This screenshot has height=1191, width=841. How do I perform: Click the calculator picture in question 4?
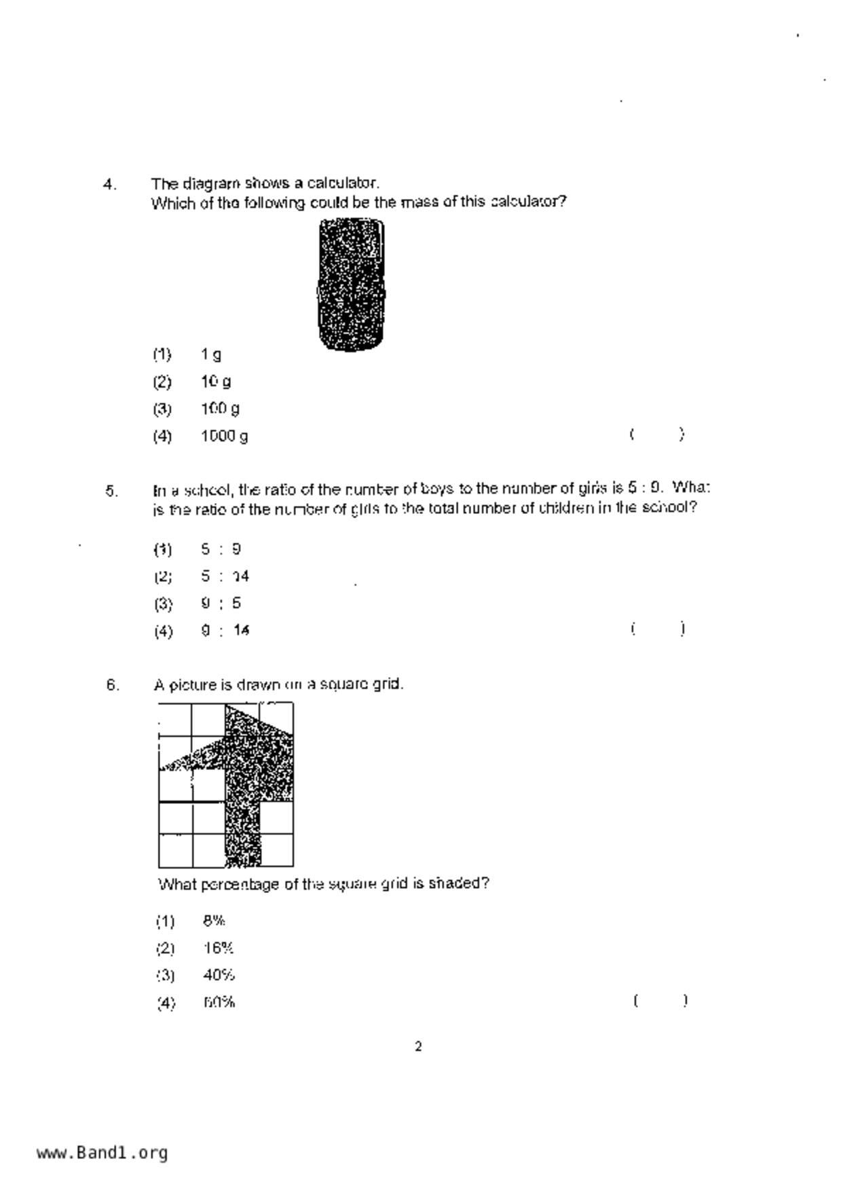tap(351, 285)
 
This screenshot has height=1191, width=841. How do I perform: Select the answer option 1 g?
tap(211, 354)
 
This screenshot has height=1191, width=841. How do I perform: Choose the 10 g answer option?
tap(216, 382)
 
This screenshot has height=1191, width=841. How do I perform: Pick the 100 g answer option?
tap(220, 409)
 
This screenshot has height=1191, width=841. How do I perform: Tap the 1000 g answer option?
tap(224, 436)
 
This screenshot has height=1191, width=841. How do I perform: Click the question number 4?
tap(110, 184)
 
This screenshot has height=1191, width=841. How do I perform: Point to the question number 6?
tap(113, 685)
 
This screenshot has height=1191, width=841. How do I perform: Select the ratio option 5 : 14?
tap(225, 576)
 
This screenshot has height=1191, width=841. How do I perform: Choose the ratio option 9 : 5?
tap(221, 604)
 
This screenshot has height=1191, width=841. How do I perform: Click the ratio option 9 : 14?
tap(225, 631)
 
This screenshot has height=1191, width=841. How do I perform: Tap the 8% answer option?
tap(214, 921)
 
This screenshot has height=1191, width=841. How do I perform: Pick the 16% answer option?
tap(218, 948)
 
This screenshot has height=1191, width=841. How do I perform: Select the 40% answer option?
tap(219, 975)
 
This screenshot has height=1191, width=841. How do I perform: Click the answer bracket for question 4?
tap(656, 435)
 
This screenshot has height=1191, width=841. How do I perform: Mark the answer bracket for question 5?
tap(657, 629)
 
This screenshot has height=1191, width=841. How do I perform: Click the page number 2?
tap(418, 1046)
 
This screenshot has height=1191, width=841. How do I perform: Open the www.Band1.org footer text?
tap(102, 1153)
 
